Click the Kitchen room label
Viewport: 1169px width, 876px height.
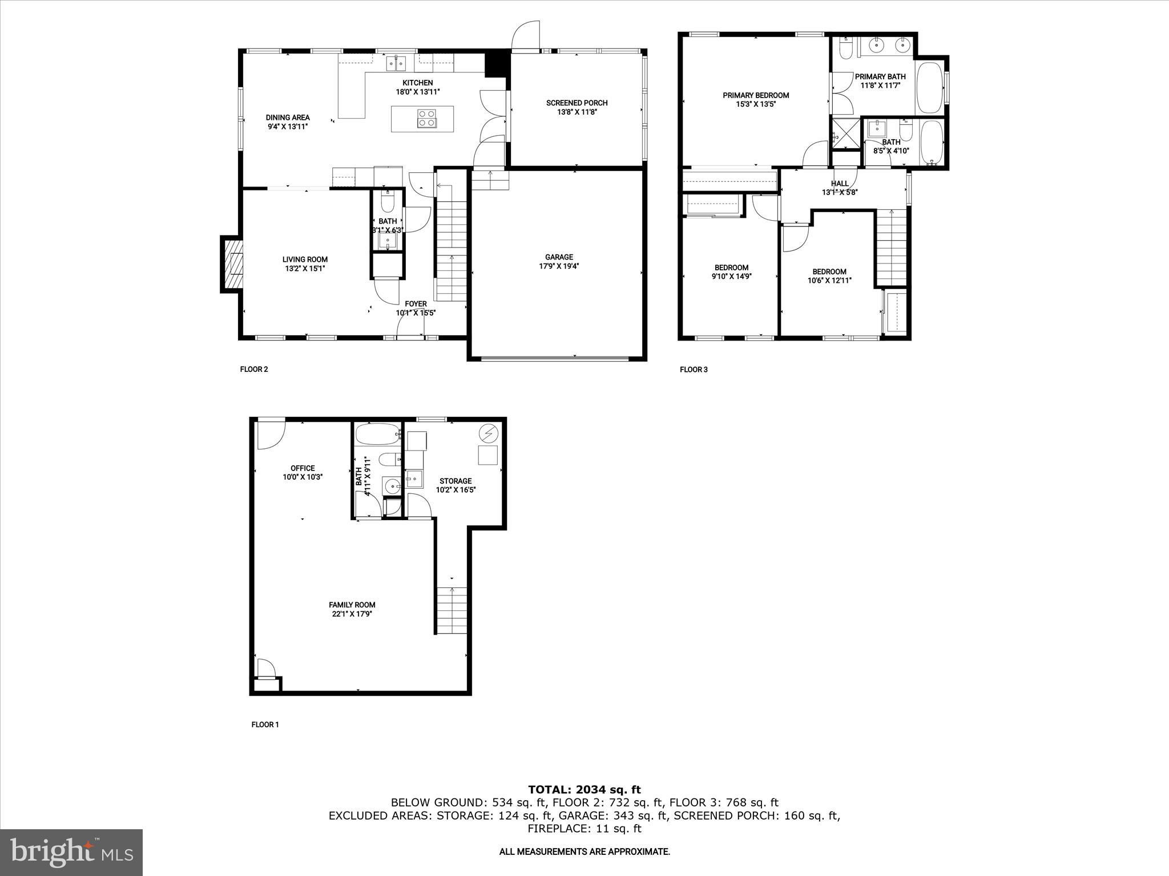coord(417,83)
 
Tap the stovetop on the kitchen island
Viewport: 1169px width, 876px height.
coord(426,118)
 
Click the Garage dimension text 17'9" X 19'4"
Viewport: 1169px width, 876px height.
coord(559,266)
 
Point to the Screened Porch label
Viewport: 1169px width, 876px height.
coord(577,103)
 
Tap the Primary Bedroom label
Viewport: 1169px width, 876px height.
coord(755,95)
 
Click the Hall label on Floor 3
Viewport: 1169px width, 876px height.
coord(840,184)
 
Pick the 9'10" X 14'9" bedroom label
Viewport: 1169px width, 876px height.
coord(731,277)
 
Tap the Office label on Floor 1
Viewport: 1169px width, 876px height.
coord(303,468)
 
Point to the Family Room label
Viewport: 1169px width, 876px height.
coord(352,605)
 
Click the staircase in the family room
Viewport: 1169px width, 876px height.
coord(452,610)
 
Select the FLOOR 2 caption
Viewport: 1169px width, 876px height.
coord(254,369)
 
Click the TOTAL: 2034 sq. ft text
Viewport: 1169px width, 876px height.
coord(584,790)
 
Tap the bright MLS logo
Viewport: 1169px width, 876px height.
coord(71,852)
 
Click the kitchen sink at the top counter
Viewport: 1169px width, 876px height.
coord(396,62)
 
